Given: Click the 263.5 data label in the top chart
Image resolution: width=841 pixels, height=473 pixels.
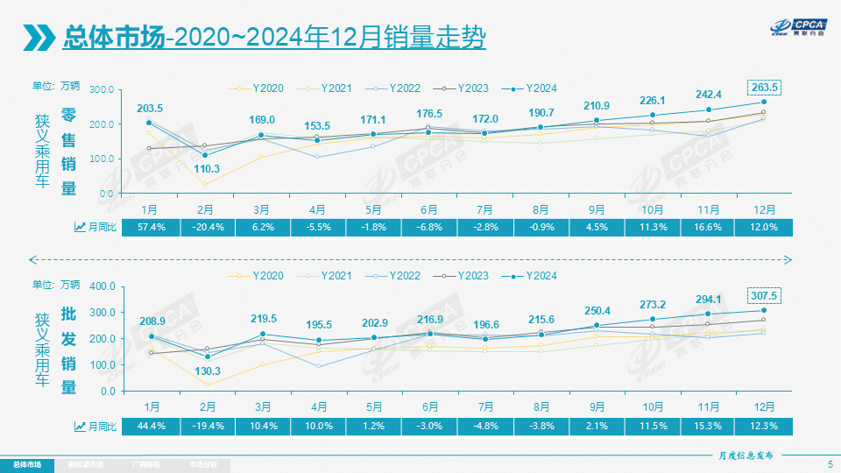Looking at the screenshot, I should coord(763,88).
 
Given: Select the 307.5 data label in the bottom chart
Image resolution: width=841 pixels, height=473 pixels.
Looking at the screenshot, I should coord(763,295).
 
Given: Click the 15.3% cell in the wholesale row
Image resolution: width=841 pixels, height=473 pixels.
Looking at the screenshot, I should coord(709,426).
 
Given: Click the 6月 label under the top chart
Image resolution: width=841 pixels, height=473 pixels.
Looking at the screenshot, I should coord(428,209).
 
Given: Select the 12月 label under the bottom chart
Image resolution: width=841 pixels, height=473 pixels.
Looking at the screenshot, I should coord(763,407).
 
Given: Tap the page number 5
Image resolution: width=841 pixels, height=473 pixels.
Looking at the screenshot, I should coord(829,463).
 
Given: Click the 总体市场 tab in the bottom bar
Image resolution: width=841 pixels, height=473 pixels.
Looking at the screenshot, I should coord(26,463).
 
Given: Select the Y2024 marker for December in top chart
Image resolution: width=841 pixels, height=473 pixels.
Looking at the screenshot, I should coord(763,102).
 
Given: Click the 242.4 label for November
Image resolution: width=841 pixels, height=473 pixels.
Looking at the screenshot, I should coord(709,95).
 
